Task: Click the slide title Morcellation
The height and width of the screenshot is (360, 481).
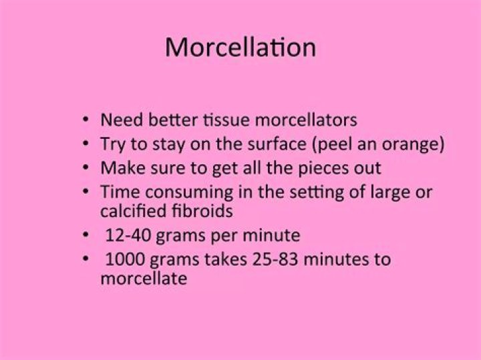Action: tap(240, 48)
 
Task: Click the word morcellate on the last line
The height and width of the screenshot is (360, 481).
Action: tap(143, 278)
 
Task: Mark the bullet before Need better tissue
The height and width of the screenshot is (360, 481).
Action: tap(86, 121)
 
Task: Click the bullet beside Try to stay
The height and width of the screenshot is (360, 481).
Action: tap(86, 144)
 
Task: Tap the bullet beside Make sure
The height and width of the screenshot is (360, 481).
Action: tap(86, 167)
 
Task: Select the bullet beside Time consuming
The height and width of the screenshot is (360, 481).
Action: tap(86, 192)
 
